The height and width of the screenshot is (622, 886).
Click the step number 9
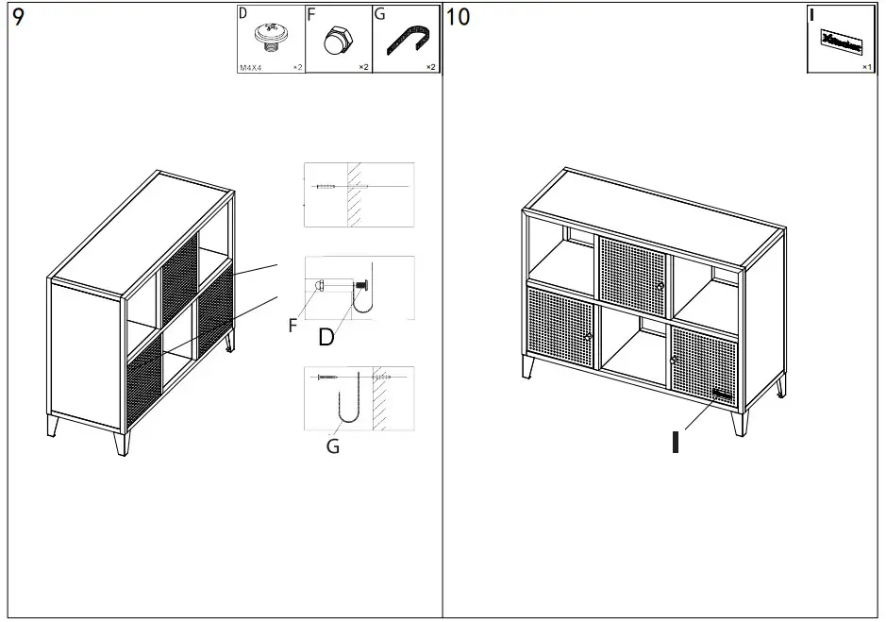pos(19,18)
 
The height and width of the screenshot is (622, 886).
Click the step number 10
pos(458,17)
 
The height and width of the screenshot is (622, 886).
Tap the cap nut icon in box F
pos(335,42)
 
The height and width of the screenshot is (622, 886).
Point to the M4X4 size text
pos(251,68)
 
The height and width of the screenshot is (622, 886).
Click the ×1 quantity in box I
pos(866,68)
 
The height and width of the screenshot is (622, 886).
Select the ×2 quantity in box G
pos(430,68)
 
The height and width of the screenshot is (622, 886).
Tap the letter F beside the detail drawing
pos(293,328)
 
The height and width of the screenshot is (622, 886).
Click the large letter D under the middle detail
pos(326,337)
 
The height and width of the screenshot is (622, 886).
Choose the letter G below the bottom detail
pos(332,446)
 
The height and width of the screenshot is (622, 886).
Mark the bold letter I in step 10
pos(675,441)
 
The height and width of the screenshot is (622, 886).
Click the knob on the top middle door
pos(660,284)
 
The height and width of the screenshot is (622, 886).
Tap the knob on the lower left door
pos(588,336)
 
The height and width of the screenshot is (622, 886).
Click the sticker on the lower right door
pos(723,395)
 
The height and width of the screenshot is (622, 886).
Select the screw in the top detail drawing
pos(326,187)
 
